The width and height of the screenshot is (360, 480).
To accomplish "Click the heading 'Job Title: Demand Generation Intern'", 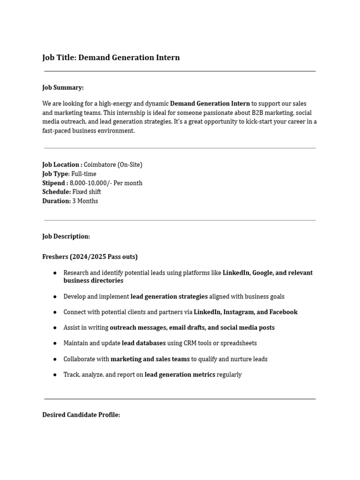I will (x=111, y=58).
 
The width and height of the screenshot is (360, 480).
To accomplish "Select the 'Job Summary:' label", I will (x=63, y=88).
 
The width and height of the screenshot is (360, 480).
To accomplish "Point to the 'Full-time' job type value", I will (x=84, y=174).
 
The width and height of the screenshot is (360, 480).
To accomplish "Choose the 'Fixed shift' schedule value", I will (x=87, y=192).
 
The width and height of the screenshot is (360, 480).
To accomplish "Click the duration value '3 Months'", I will (x=85, y=201).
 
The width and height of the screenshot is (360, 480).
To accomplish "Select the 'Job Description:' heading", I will (x=66, y=236).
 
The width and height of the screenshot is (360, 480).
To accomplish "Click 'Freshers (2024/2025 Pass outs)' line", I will (x=90, y=257).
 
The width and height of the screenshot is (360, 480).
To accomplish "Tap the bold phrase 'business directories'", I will (x=93, y=280).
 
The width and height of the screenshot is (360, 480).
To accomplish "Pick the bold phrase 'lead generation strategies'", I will (x=169, y=297).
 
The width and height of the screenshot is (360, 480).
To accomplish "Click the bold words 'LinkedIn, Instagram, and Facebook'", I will (x=246, y=312).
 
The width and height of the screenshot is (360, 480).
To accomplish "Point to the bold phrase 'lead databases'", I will (x=143, y=343).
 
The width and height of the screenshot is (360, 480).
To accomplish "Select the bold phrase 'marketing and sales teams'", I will (x=150, y=359).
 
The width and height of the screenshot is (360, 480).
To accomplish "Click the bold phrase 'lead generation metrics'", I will (x=180, y=375).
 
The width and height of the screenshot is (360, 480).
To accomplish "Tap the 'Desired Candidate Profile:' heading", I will (x=81, y=415).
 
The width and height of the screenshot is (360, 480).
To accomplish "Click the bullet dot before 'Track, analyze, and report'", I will (x=55, y=375).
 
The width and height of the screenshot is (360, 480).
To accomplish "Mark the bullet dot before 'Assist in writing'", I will (x=55, y=328).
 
